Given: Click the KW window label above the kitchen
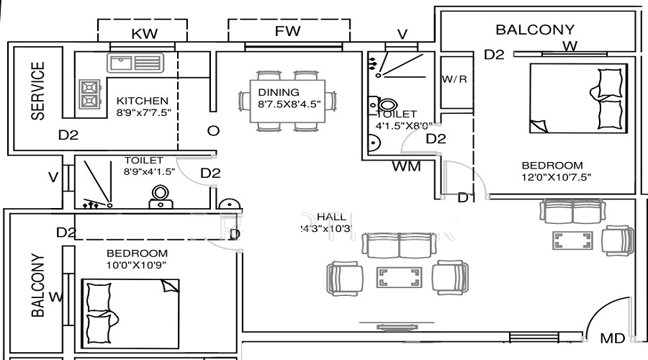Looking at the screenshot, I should [x=144, y=32].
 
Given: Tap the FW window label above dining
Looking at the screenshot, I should [x=287, y=31].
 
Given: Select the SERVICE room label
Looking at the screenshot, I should [x=37, y=90].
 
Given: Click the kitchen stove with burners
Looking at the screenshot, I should [x=89, y=92].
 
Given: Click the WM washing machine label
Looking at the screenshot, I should [x=406, y=167].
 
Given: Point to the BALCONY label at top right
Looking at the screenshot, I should [x=535, y=30].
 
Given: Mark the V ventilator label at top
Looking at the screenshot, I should [x=402, y=34].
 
